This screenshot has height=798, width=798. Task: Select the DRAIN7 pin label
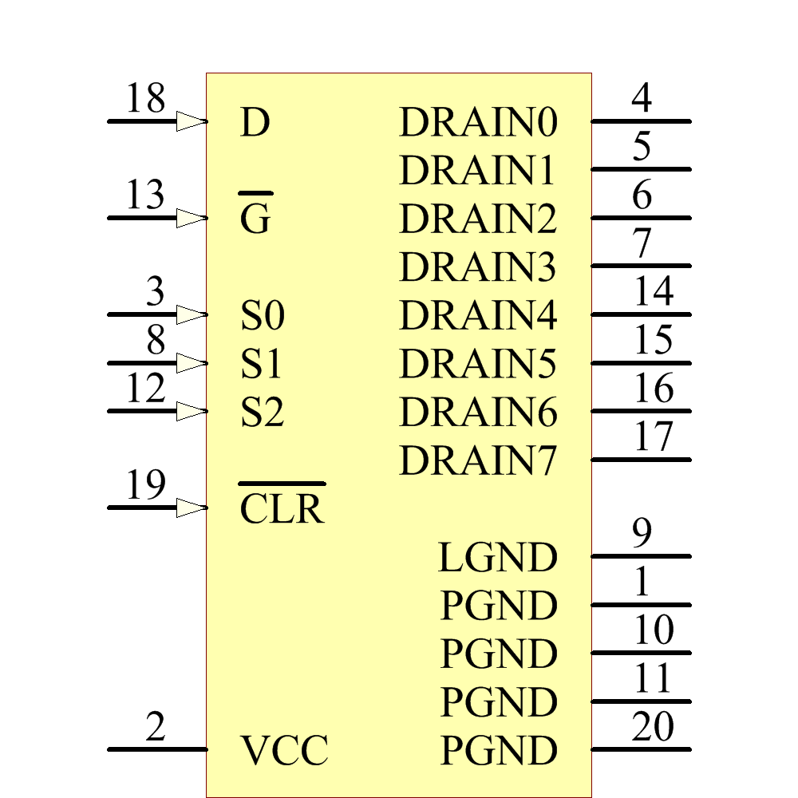(x=477, y=461)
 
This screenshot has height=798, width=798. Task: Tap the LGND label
(x=497, y=558)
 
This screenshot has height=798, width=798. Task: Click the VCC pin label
(x=284, y=751)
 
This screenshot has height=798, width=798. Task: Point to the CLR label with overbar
(x=282, y=508)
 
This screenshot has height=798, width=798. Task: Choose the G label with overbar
(x=255, y=219)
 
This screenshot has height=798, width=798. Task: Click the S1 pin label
(x=262, y=365)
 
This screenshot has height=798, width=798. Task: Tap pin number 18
(x=145, y=100)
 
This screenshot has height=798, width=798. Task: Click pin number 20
(x=653, y=728)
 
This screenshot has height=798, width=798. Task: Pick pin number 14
(x=653, y=293)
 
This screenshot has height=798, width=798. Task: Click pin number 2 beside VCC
(x=156, y=728)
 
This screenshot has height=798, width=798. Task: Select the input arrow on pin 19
(x=192, y=508)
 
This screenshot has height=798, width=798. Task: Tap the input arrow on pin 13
(x=192, y=218)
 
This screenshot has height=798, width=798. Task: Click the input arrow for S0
(x=192, y=314)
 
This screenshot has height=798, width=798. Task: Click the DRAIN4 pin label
(x=477, y=317)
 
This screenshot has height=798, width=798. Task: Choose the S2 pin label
(x=262, y=413)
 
